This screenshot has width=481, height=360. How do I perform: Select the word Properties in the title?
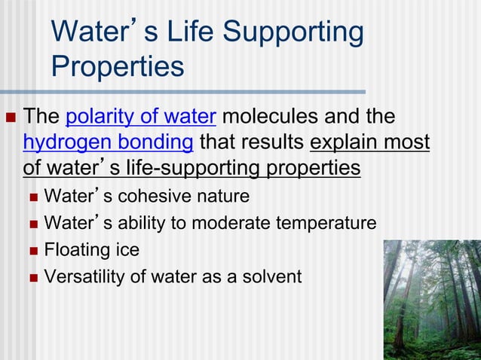tap(118, 66)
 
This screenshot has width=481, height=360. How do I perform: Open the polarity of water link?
tap(142, 117)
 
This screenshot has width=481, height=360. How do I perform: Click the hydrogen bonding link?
tap(109, 142)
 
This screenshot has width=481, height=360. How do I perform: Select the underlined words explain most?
tap(369, 142)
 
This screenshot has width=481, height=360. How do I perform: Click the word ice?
tap(125, 249)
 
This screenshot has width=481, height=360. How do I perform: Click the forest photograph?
tap(431, 299)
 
